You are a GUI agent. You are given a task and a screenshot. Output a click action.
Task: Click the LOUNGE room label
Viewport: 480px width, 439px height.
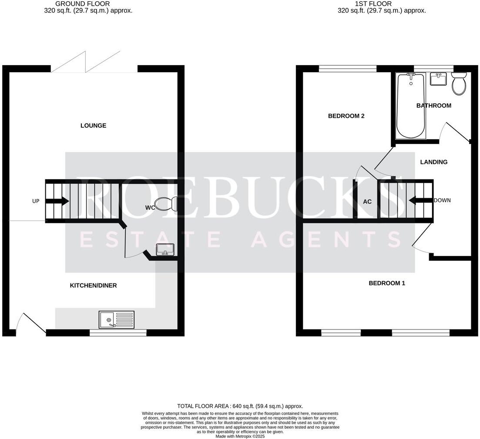pyautogui.click(x=93, y=126)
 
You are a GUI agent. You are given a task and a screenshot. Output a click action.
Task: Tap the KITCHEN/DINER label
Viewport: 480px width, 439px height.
pyautogui.click(x=93, y=286)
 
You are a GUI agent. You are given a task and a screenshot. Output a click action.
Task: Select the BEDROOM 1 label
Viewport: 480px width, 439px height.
pyautogui.click(x=387, y=283)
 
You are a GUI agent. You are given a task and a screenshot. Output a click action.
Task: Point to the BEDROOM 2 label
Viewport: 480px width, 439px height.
pyautogui.click(x=346, y=116)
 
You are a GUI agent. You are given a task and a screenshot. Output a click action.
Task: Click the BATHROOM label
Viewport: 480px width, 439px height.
pyautogui.click(x=433, y=106)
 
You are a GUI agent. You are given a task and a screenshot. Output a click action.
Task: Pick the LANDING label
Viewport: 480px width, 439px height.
pyautogui.click(x=433, y=162)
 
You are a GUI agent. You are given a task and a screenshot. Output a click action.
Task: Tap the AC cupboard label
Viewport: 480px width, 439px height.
pyautogui.click(x=367, y=202)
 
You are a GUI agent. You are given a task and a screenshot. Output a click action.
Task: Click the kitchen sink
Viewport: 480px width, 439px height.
pyautogui.click(x=116, y=320)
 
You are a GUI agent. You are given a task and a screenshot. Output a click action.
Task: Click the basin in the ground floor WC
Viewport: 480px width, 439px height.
pyautogui.click(x=165, y=249)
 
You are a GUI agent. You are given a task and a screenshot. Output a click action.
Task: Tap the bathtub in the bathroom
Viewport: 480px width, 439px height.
pyautogui.click(x=410, y=106)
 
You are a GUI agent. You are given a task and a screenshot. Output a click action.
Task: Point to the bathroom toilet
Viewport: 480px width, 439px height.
pyautogui.click(x=459, y=84)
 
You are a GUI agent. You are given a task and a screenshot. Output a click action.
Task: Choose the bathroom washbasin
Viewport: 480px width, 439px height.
pyautogui.click(x=438, y=79)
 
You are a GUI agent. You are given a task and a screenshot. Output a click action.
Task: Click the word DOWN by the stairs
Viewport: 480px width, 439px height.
pyautogui.click(x=442, y=200)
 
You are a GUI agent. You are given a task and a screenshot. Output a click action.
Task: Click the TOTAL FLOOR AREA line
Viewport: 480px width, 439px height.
pyautogui.click(x=240, y=406)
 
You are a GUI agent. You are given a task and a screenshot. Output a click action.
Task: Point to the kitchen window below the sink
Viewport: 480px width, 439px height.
pyautogui.click(x=118, y=333)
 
